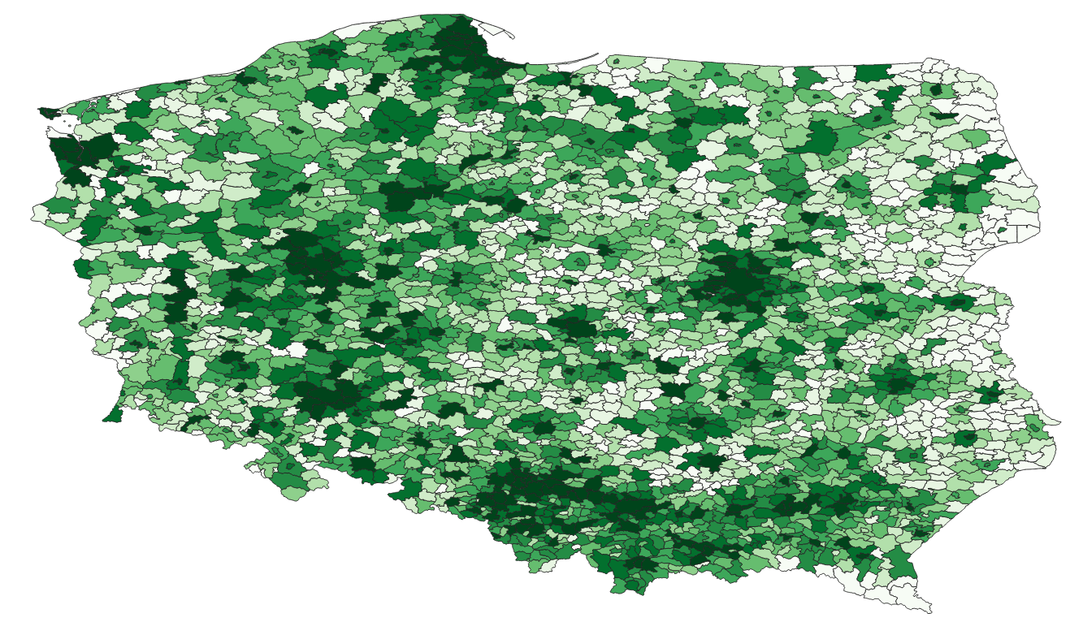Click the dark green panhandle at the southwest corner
[112, 416]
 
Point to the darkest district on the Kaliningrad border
[873, 73]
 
